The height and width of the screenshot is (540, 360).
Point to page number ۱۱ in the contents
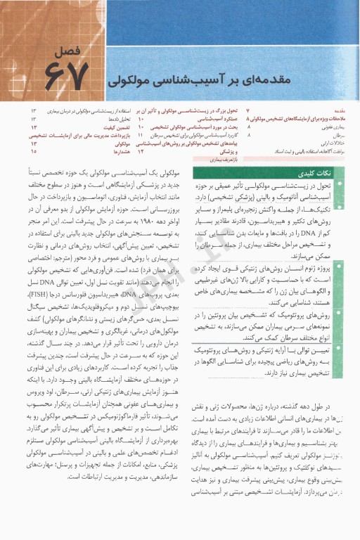click(x=141, y=135)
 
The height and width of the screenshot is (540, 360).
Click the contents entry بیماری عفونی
click(x=334, y=127)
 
